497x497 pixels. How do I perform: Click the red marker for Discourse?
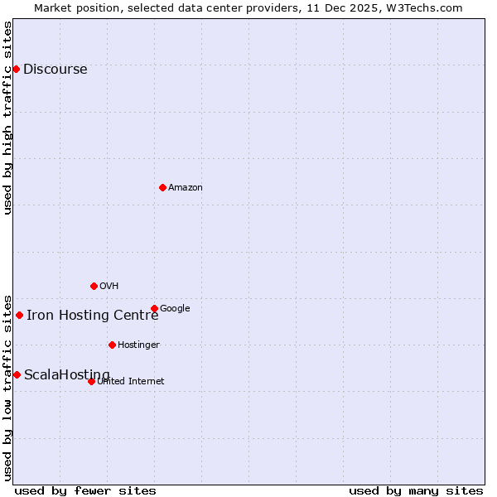click(16, 69)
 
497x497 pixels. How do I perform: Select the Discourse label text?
click(55, 70)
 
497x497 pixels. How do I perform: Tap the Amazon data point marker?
click(162, 187)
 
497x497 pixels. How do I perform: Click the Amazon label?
click(186, 188)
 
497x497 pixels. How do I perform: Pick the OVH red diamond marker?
click(94, 286)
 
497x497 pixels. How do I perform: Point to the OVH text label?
click(109, 287)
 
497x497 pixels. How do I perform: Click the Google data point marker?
click(154, 308)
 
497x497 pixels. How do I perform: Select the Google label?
click(175, 309)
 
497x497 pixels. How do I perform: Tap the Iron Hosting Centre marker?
click(19, 315)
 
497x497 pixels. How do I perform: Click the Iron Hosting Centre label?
click(92, 315)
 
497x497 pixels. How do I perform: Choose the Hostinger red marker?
click(112, 345)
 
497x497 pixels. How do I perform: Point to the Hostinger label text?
click(138, 345)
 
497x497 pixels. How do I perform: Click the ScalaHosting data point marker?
click(17, 374)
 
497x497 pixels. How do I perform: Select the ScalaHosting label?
click(66, 375)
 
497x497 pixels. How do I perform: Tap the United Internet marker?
click(91, 381)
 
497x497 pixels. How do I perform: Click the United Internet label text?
click(131, 382)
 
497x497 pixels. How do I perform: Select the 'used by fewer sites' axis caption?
click(85, 490)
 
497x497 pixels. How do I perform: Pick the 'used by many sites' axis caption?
click(416, 490)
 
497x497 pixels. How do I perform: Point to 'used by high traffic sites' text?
click(7, 118)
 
